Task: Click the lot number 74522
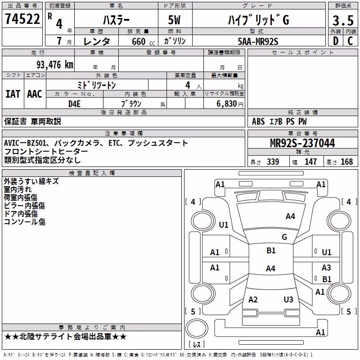(x=22, y=19)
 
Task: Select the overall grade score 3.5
(x=343, y=20)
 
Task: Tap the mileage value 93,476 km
(x=54, y=65)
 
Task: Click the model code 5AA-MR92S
(x=258, y=41)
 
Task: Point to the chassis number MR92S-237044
(x=302, y=143)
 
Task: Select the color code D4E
(x=74, y=104)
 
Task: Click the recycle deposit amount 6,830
(x=227, y=104)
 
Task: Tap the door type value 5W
(x=174, y=20)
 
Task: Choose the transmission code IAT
(x=13, y=94)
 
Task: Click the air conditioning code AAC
(x=35, y=94)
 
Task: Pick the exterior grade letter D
(x=336, y=41)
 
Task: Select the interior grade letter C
(x=350, y=41)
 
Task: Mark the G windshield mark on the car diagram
(x=284, y=237)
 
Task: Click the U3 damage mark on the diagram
(x=288, y=299)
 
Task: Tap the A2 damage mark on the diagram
(x=253, y=299)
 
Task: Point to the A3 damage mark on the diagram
(x=326, y=267)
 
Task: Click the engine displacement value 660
(x=139, y=41)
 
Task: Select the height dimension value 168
(x=346, y=162)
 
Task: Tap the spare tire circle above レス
(x=197, y=328)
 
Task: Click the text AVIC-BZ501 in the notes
(x=25, y=143)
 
